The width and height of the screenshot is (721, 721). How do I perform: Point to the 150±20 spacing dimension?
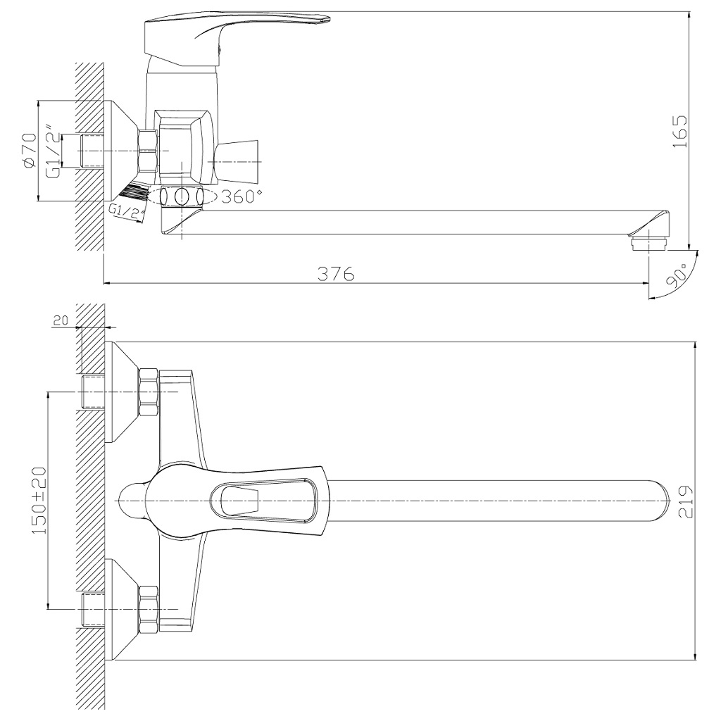tap(39, 500)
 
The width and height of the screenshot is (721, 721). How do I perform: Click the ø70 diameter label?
tap(30, 151)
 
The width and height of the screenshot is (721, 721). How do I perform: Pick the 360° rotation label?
tap(242, 197)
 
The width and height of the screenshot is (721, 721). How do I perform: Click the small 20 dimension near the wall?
tap(60, 320)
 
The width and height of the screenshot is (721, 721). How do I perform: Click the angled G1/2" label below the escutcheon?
tap(127, 211)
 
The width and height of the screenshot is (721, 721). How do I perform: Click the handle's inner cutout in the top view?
tap(239, 501)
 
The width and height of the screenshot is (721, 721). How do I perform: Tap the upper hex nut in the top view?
tap(149, 391)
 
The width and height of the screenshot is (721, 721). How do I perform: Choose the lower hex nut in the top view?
tap(149, 609)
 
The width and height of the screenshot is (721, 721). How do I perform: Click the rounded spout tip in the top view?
tap(658, 501)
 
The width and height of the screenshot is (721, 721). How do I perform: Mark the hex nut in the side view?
tap(148, 151)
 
